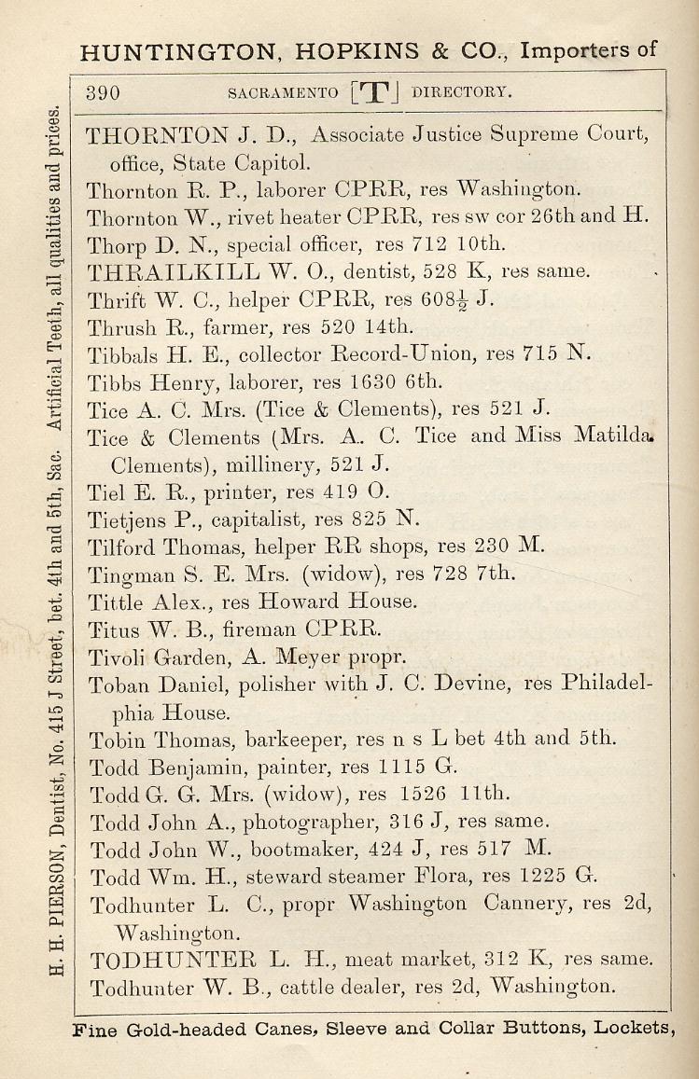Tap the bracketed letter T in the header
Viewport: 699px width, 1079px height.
point(373,92)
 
